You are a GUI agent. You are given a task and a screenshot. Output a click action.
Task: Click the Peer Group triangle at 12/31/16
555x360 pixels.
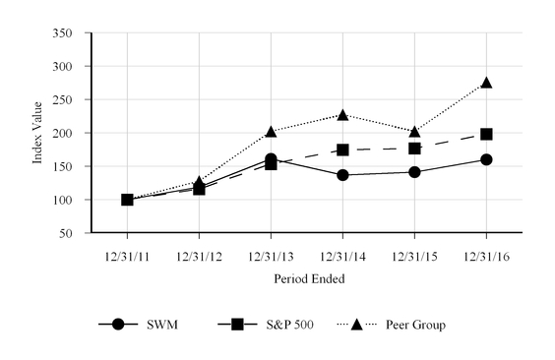coord(486,84)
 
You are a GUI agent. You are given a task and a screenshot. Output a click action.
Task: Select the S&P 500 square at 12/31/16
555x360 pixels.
coord(486,134)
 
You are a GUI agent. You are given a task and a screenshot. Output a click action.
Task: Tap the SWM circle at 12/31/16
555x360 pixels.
coord(486,159)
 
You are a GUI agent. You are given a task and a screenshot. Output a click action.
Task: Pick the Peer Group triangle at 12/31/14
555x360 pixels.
coord(342,115)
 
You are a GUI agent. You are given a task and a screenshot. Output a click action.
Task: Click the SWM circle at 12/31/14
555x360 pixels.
coord(342,175)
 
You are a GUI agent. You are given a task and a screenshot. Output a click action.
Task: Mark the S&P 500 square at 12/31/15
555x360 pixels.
coord(414,149)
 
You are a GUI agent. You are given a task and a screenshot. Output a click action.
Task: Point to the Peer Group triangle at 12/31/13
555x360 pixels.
coord(271,132)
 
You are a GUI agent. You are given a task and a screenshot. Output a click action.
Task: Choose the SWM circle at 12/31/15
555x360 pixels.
coord(414,172)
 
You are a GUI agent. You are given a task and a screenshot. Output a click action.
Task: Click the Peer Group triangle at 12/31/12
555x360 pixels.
coord(199,182)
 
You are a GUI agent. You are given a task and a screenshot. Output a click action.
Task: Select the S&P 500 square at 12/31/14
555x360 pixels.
coord(342,150)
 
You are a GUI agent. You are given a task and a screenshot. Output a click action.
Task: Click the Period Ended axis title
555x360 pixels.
coord(306,279)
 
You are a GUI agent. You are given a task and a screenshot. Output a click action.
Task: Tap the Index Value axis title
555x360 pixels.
coord(38,133)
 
